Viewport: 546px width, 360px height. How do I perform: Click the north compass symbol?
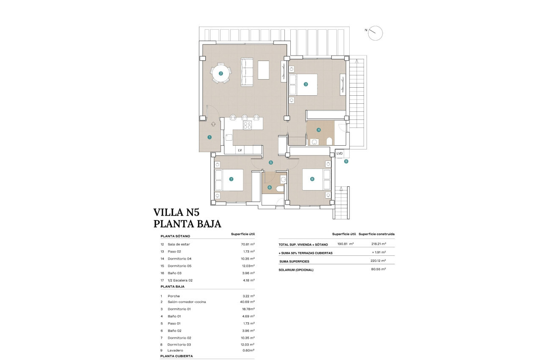point(375,33)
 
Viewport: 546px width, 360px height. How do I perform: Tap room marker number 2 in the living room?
point(221,73)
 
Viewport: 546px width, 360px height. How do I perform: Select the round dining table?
point(221,73)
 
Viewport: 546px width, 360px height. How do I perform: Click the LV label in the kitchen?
point(240,150)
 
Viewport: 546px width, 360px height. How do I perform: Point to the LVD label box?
point(339,153)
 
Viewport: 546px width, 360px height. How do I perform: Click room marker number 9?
point(346,161)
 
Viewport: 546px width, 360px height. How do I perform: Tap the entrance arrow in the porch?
point(213,124)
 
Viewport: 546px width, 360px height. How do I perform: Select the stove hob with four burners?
point(247,125)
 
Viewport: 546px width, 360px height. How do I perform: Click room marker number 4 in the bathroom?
point(319,130)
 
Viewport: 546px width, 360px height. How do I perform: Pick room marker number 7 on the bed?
point(231,179)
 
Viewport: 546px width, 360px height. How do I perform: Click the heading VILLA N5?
point(182,212)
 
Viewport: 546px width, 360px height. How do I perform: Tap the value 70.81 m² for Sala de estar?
point(247,244)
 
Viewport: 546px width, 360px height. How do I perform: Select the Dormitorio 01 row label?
point(179,309)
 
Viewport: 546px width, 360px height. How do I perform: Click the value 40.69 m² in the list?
point(247,302)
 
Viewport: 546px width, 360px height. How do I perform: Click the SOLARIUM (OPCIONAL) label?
point(296,270)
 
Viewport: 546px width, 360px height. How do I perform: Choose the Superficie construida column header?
point(376,234)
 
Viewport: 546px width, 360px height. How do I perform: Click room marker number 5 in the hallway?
point(271,163)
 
